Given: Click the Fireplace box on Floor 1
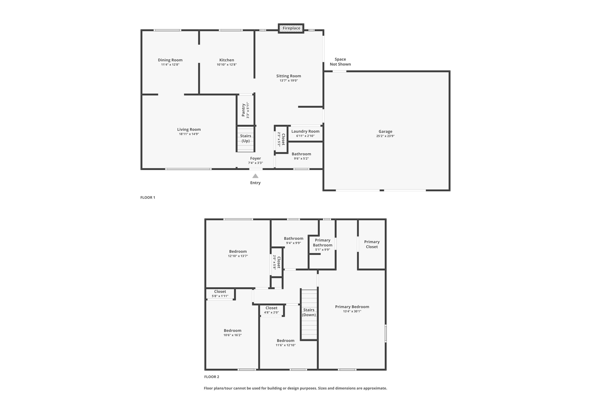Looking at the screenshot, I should point(291,28).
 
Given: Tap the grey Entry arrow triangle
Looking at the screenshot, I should point(255,176).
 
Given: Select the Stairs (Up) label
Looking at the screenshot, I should point(246,138).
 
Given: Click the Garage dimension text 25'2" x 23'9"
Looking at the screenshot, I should point(385,136).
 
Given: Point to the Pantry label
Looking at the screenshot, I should point(243,110).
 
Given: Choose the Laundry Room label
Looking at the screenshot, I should point(305,131).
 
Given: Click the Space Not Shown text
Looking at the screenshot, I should point(340,62).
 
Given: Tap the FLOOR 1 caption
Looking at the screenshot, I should point(148,197).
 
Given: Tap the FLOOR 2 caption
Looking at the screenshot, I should point(212,377).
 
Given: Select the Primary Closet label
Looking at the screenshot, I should point(372,244).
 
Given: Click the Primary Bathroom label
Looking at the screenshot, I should point(323,242).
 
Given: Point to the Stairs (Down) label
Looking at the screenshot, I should point(309,312).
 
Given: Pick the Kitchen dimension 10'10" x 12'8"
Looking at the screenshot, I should point(227,65).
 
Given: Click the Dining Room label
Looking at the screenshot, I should point(170,60).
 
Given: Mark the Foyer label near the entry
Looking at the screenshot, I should point(255,158).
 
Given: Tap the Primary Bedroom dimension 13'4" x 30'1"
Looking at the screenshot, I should point(352,311).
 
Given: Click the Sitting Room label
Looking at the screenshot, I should point(289,76).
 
